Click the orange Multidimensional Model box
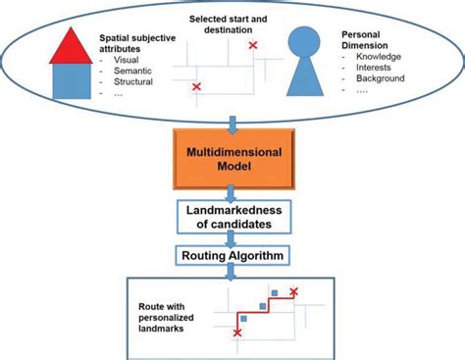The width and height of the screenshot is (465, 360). (232, 160)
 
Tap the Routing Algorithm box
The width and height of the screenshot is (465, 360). (232, 257)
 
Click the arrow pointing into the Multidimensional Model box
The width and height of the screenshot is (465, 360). (232, 124)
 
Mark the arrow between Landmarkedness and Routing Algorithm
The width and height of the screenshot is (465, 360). (232, 239)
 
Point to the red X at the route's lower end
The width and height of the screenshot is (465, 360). (236, 333)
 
